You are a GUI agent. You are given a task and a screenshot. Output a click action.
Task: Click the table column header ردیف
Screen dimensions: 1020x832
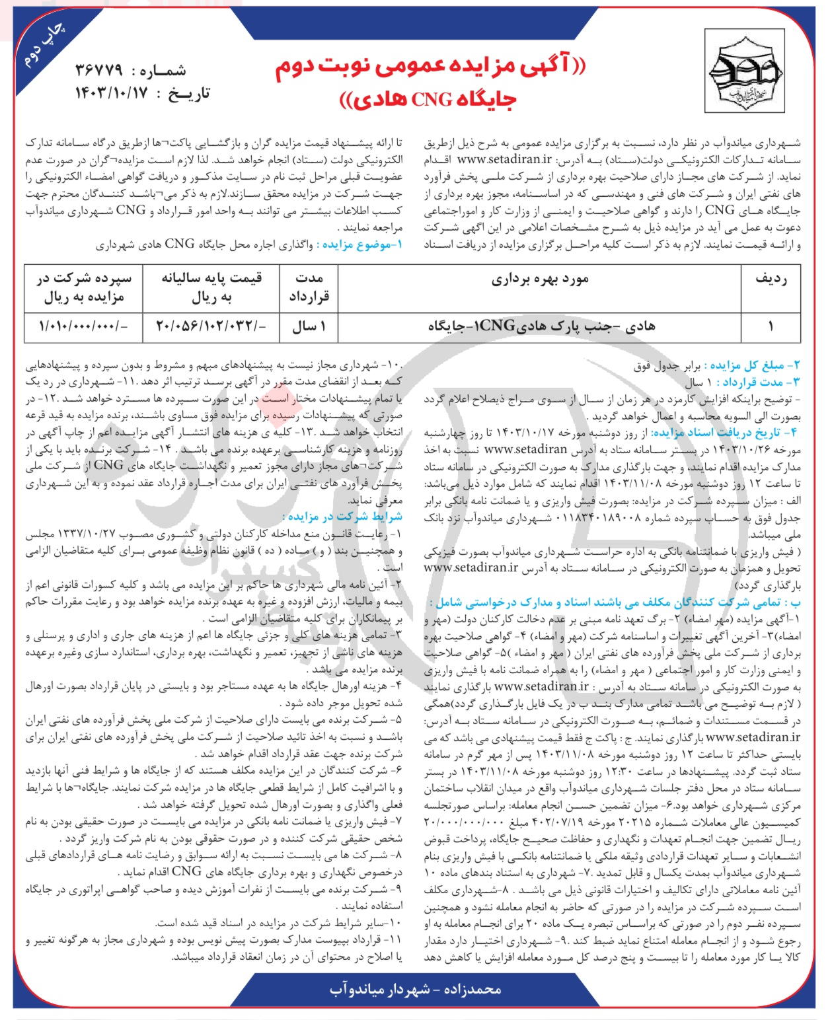[x=771, y=279]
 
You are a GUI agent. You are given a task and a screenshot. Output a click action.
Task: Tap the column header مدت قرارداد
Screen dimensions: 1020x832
[x=309, y=287]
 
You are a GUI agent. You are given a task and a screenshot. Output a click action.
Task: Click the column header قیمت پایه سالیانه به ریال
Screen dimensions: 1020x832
[x=211, y=287]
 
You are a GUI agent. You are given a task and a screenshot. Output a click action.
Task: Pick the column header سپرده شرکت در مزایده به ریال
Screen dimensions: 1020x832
[x=84, y=287]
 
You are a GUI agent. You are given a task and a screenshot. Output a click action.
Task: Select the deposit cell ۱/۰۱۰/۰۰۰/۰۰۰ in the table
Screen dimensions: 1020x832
[x=84, y=326]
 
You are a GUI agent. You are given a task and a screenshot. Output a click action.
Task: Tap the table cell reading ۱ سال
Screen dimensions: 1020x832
[x=309, y=326]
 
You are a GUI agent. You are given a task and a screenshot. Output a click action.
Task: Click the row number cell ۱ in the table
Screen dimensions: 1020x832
[x=771, y=326]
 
